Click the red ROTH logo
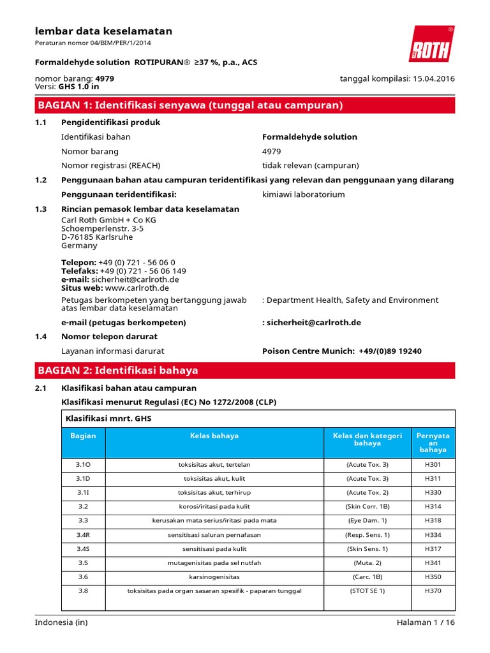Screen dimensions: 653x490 (x=431, y=44)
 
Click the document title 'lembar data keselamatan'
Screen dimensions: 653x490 (x=103, y=31)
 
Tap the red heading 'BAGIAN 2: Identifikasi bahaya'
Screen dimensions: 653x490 (x=118, y=371)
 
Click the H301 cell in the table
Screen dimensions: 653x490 (x=432, y=464)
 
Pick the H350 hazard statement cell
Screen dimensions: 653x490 (x=432, y=576)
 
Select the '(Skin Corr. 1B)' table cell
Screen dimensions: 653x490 (x=367, y=506)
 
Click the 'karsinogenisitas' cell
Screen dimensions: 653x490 (x=214, y=576)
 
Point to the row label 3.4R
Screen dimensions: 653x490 (x=84, y=534)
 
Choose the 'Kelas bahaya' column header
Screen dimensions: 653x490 (x=214, y=436)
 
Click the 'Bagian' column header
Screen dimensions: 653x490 (x=84, y=436)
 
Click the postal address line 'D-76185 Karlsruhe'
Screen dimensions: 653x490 (x=97, y=237)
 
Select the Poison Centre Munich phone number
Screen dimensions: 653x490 (x=390, y=351)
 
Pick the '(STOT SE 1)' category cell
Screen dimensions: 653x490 (x=367, y=591)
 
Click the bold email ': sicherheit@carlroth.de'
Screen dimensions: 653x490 (x=311, y=323)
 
